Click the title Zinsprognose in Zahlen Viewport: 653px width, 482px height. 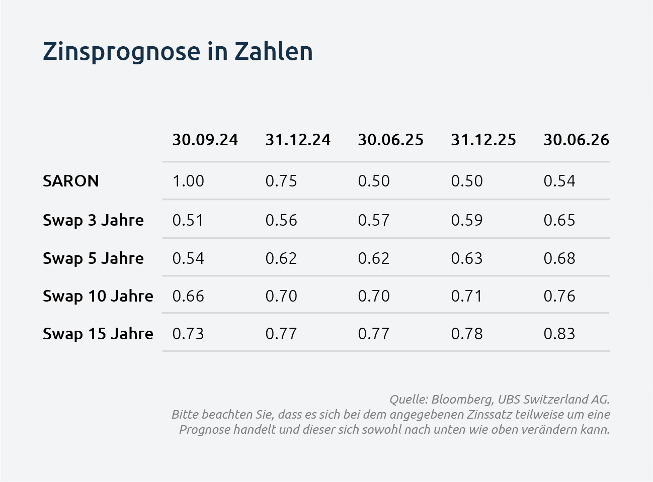pyautogui.click(x=178, y=52)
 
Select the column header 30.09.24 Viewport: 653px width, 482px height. pyautogui.click(x=205, y=140)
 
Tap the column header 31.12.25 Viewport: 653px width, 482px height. pyautogui.click(x=483, y=140)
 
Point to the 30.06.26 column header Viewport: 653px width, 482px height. pyautogui.click(x=576, y=140)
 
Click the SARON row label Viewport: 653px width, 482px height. pyautogui.click(x=70, y=180)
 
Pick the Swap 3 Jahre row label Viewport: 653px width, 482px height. pyautogui.click(x=93, y=221)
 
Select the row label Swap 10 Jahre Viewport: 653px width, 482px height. pyautogui.click(x=98, y=297)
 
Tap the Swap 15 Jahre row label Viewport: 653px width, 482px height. pyautogui.click(x=98, y=334)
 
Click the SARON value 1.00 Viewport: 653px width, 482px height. pyautogui.click(x=188, y=181)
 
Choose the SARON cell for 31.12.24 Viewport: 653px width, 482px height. pyautogui.click(x=281, y=181)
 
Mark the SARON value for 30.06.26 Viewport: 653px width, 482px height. pyautogui.click(x=559, y=181)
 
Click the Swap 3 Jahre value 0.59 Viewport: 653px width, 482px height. pyautogui.click(x=467, y=221)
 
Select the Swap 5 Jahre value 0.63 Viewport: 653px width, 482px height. pyautogui.click(x=467, y=259)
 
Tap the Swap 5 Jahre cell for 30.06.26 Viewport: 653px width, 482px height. pyautogui.click(x=559, y=259)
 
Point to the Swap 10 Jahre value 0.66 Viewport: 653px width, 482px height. pyautogui.click(x=188, y=297)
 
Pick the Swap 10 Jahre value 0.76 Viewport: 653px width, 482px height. pyautogui.click(x=559, y=297)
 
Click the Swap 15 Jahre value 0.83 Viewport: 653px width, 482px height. pyautogui.click(x=559, y=334)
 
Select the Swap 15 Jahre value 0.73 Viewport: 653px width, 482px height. pyautogui.click(x=188, y=334)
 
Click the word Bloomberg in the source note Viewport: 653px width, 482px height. pyautogui.click(x=462, y=400)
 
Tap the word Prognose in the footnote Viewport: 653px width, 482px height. pyautogui.click(x=205, y=430)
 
